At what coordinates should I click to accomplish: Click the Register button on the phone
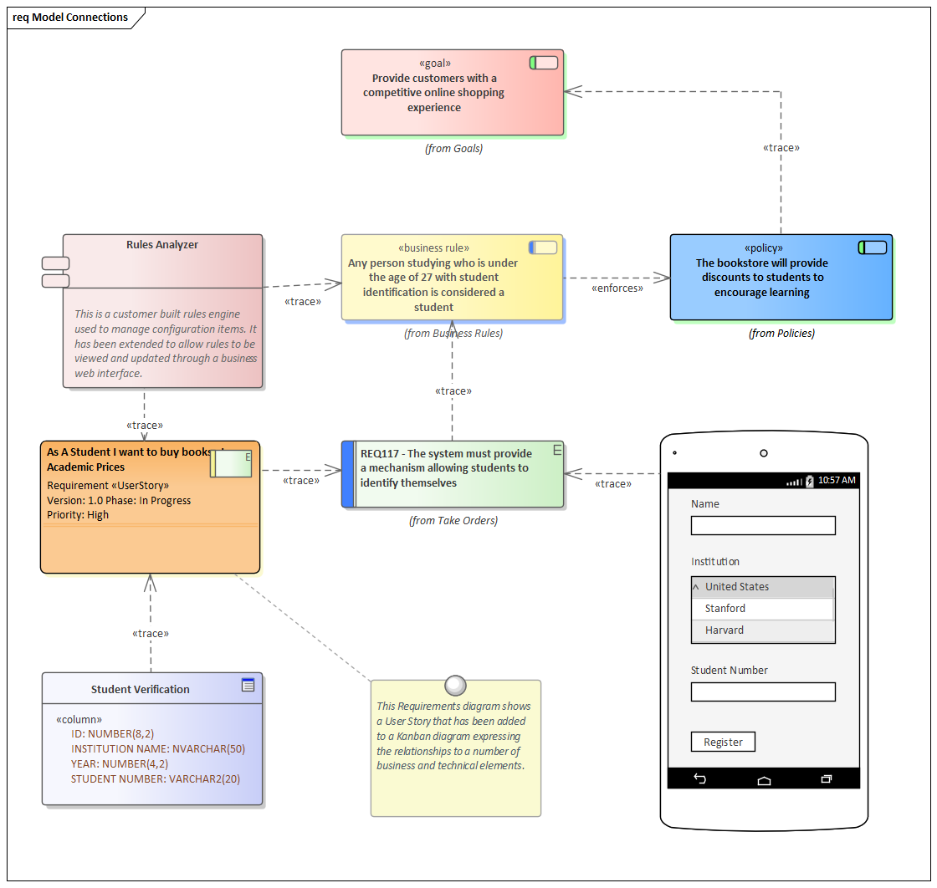click(x=723, y=742)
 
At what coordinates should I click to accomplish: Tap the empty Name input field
click(x=763, y=525)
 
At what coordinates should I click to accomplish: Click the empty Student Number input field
click(x=763, y=692)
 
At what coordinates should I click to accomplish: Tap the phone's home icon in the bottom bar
click(x=764, y=779)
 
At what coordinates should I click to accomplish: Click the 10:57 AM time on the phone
click(x=837, y=481)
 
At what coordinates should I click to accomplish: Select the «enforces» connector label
click(x=617, y=288)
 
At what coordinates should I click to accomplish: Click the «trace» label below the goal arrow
click(x=781, y=148)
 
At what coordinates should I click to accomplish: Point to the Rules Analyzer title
click(x=162, y=245)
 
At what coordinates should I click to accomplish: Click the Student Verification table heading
click(x=141, y=690)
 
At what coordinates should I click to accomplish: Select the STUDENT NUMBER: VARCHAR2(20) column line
click(x=156, y=779)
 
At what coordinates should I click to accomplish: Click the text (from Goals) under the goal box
click(x=453, y=149)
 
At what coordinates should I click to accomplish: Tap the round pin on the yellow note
click(x=455, y=686)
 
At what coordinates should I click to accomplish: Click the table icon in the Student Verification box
click(x=248, y=685)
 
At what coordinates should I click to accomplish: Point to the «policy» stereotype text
click(x=763, y=248)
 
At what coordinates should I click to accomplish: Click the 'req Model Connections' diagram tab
click(x=71, y=18)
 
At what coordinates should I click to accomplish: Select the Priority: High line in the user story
click(x=78, y=515)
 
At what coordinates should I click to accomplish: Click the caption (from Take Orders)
click(x=453, y=521)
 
